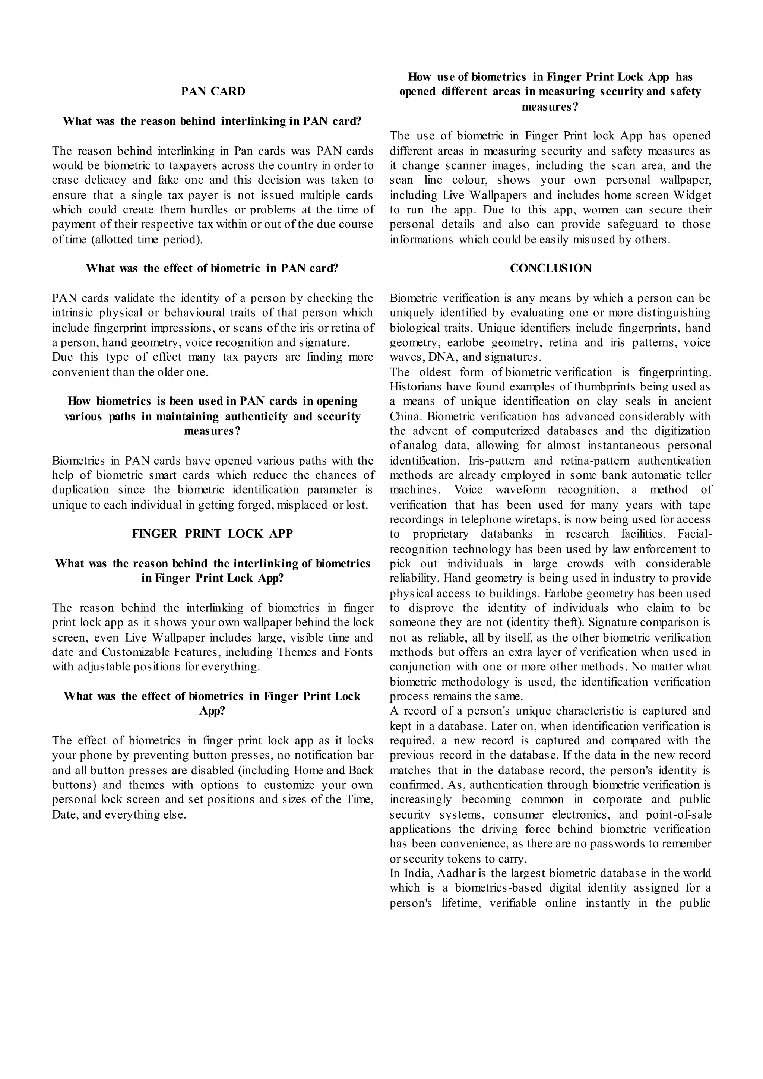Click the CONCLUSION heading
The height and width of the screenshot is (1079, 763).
(x=551, y=268)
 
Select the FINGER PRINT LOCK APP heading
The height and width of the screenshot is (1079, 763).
(x=212, y=534)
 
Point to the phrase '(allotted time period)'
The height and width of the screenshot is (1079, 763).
(x=147, y=240)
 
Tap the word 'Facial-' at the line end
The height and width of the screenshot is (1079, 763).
(x=695, y=534)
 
